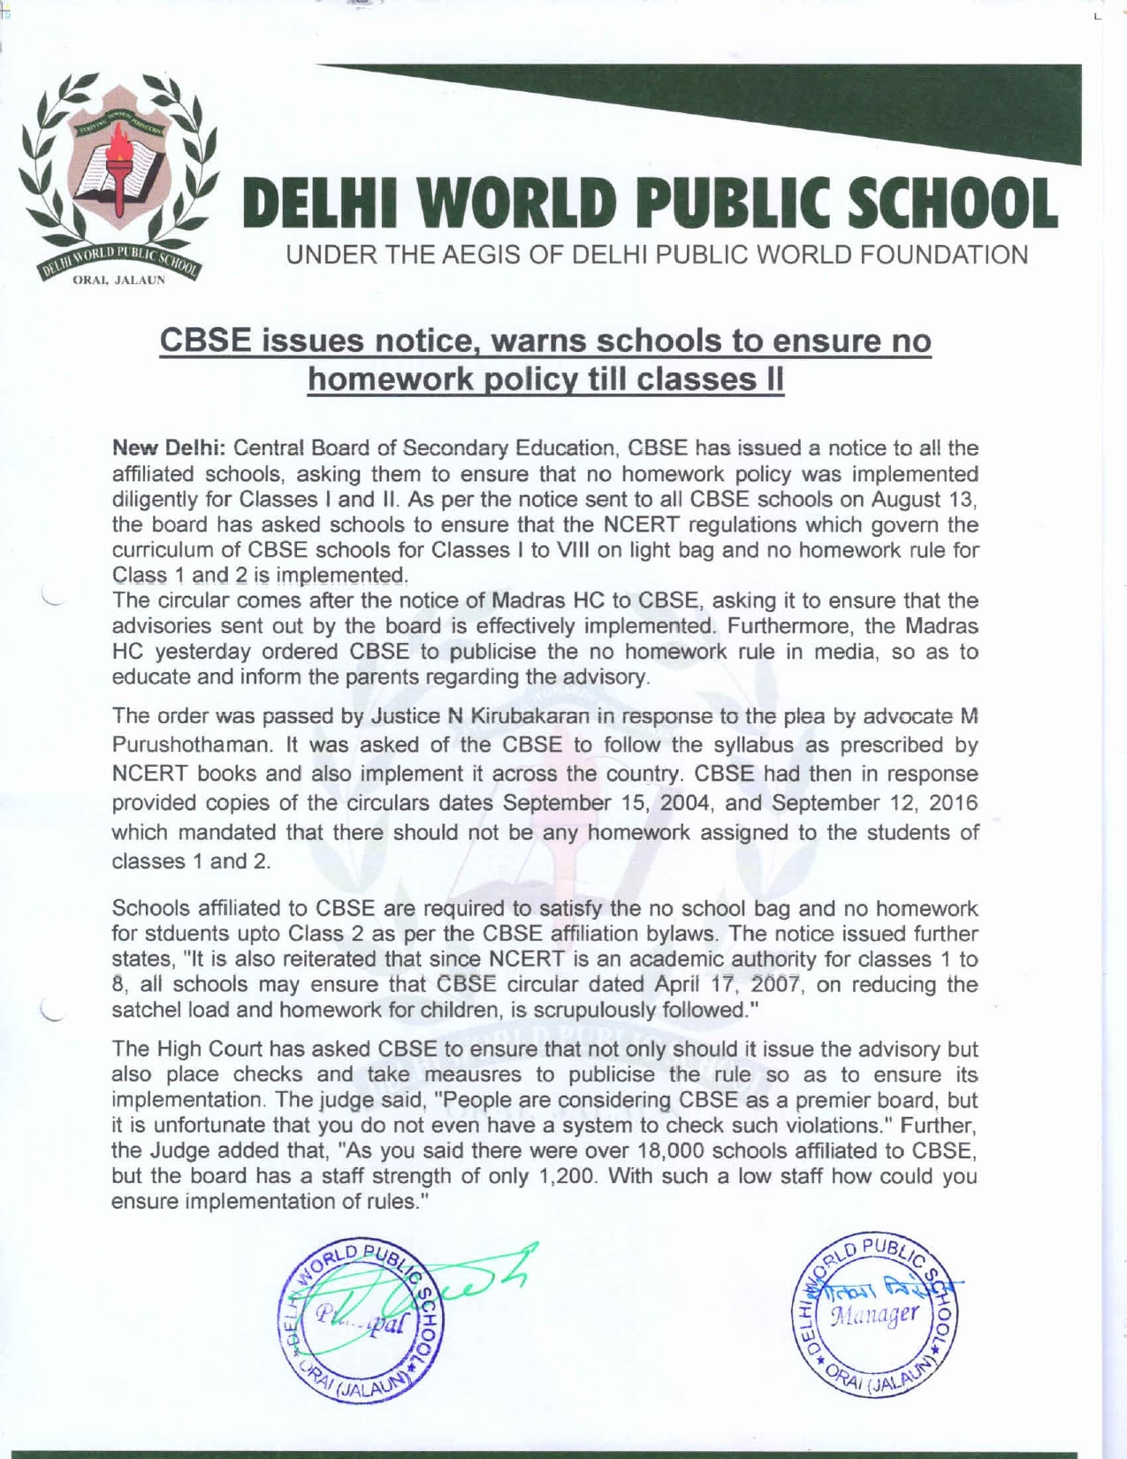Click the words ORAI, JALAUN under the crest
[x=118, y=280]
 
